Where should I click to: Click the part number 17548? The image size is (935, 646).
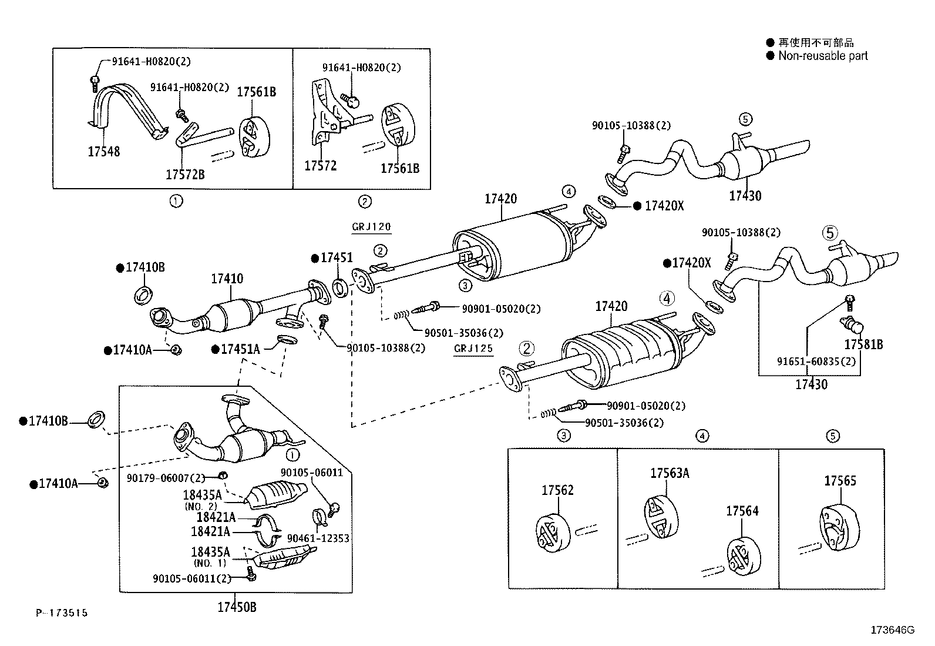(103, 151)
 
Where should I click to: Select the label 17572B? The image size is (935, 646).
(185, 174)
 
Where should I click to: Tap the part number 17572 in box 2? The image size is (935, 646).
(320, 166)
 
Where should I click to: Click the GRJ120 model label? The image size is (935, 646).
(371, 227)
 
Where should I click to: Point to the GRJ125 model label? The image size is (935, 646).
(473, 349)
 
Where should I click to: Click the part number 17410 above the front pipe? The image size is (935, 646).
(227, 278)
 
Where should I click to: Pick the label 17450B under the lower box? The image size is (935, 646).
(237, 607)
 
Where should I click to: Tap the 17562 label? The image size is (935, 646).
(558, 490)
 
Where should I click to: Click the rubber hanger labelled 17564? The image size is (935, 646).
(744, 557)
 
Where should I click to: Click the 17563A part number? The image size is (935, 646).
(670, 473)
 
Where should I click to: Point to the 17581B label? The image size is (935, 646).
(863, 344)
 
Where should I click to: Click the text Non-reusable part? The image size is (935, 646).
(823, 56)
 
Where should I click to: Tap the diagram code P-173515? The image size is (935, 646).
(62, 612)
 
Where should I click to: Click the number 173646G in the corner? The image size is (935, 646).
(893, 630)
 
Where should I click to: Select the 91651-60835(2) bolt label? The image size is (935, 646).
(816, 361)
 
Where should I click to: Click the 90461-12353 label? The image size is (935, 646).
(318, 538)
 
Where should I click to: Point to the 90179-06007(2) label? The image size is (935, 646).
(166, 478)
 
